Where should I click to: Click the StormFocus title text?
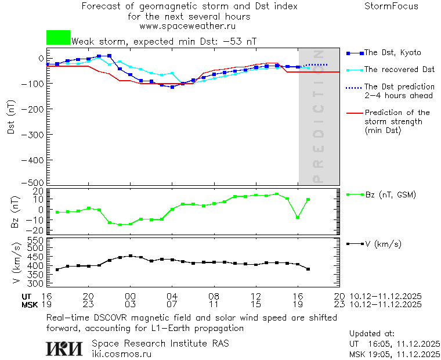[x=391, y=6]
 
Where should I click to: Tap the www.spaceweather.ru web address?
[x=187, y=26]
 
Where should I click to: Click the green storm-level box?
[x=58, y=38]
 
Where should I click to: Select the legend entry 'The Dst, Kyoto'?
[x=392, y=53]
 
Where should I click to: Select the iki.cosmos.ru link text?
[x=121, y=353]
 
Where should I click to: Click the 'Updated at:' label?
[x=371, y=334]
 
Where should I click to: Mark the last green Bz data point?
[x=308, y=200]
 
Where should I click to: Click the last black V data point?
[x=308, y=269]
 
